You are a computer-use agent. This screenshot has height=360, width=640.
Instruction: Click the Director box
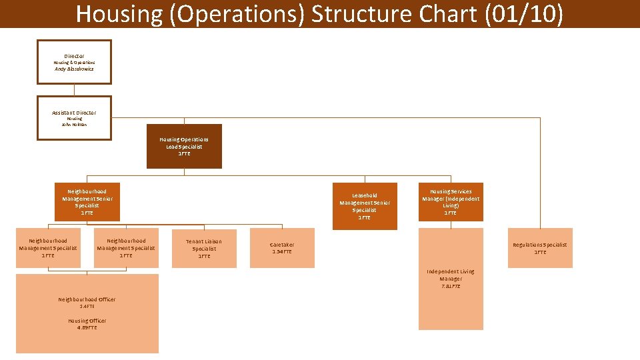tap(74, 62)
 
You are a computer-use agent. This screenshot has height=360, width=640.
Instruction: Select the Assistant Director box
tap(74, 118)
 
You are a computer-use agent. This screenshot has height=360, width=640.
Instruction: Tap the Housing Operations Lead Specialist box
tap(184, 147)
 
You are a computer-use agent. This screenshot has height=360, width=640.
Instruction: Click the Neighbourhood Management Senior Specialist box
tap(87, 202)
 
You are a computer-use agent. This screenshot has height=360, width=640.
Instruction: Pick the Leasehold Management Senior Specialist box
tap(365, 206)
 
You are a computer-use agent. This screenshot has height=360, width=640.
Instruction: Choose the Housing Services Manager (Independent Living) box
tap(451, 202)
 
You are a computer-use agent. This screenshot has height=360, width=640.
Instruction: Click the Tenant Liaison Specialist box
tap(204, 249)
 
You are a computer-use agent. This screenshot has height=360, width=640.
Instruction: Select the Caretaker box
tap(282, 249)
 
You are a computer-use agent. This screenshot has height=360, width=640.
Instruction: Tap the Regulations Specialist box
tap(540, 249)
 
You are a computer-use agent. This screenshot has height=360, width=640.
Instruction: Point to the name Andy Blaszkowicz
tap(74, 69)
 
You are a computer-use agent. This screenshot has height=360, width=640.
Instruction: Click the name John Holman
tap(74, 125)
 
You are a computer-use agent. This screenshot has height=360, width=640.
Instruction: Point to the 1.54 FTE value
tap(282, 252)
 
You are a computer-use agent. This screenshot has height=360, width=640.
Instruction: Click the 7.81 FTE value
tap(451, 286)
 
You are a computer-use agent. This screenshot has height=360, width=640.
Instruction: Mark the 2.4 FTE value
tap(87, 307)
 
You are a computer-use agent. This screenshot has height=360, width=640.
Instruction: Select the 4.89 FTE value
tap(87, 328)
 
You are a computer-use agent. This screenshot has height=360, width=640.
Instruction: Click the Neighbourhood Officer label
tap(87, 299)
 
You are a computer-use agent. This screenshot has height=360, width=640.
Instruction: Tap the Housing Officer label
tap(87, 321)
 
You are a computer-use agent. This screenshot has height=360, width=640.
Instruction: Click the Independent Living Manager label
tap(451, 275)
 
